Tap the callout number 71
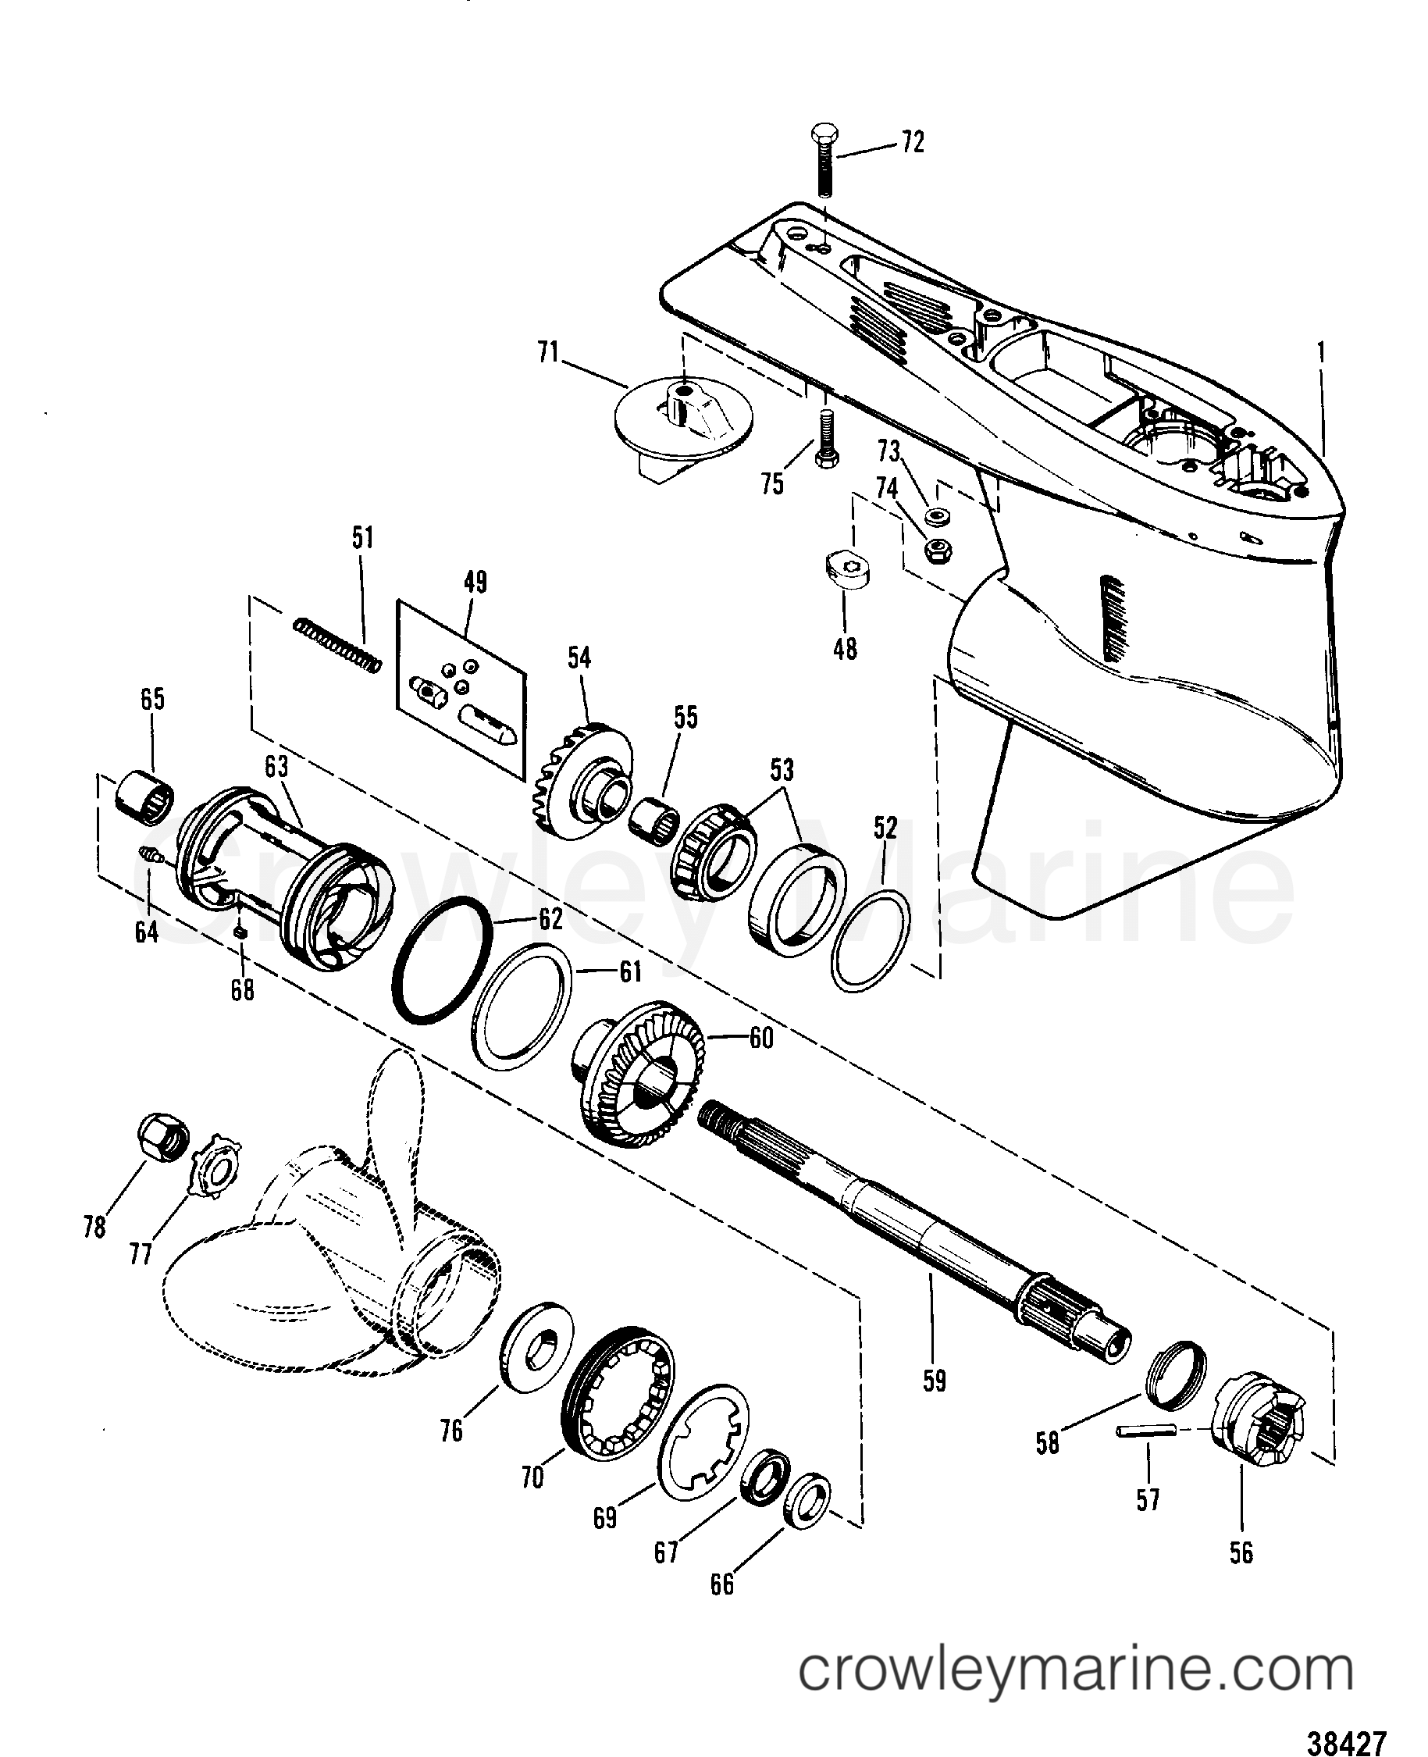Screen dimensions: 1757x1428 (x=548, y=353)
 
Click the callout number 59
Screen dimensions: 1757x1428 (x=935, y=1381)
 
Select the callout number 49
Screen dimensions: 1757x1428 (x=475, y=583)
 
